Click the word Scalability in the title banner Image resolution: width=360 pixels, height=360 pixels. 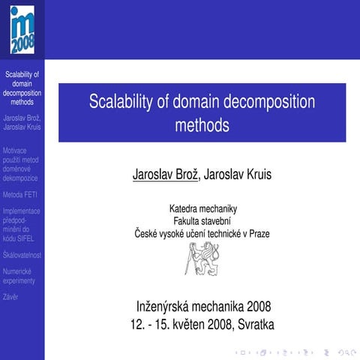[121, 103]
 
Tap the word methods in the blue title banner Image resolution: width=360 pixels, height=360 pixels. [202, 124]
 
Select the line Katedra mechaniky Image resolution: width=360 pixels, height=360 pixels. [202, 208]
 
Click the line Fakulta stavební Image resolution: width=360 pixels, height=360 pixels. [202, 221]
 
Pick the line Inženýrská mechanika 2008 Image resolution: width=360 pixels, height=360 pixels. [202, 307]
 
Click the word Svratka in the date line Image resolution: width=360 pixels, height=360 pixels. [256, 325]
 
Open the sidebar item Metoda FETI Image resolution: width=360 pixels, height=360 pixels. [20, 195]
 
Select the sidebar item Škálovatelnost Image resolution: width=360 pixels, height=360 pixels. [22, 255]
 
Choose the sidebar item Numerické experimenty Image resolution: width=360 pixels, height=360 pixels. [19, 275]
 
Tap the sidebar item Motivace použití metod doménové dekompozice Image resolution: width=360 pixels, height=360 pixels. [20, 164]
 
